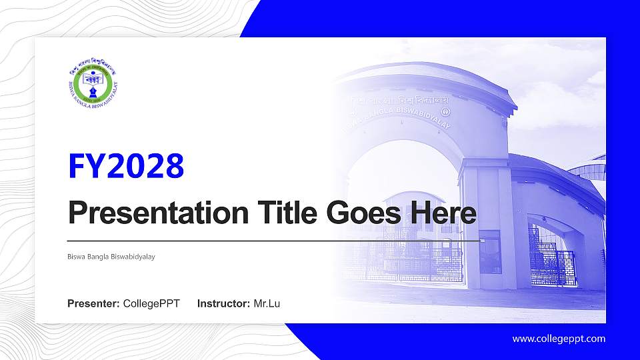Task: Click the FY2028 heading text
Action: click(126, 166)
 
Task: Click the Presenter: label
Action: click(93, 304)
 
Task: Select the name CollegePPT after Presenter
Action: click(151, 304)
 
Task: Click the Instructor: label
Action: click(224, 304)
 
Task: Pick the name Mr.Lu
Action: click(267, 304)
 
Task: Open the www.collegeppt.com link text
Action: click(559, 339)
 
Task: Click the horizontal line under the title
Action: click(273, 240)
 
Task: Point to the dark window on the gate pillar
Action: click(490, 251)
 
